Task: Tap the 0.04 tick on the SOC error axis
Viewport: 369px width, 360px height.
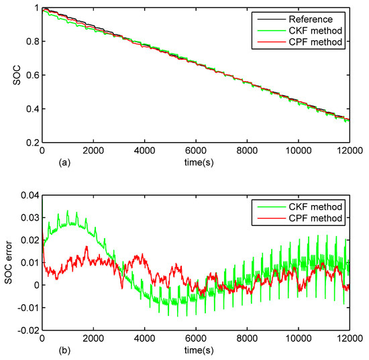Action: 29,196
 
